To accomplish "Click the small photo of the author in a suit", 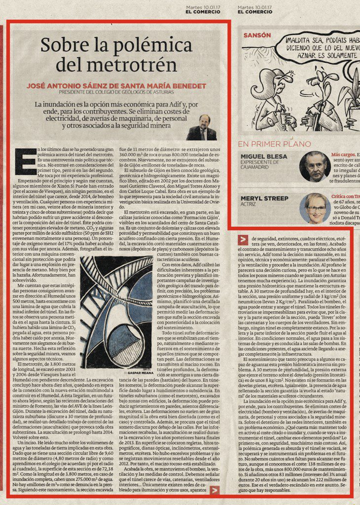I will pyautogui.click(x=201, y=128).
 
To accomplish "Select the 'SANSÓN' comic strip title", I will pyautogui.click(x=257, y=36).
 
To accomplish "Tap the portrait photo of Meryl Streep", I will pyautogui.click(x=315, y=208).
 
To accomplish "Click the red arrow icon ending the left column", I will pyautogui.click(x=215, y=490).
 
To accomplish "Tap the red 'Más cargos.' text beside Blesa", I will pyautogui.click(x=343, y=154).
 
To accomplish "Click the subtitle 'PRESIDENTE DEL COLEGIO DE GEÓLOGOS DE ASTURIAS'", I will pyautogui.click(x=116, y=92).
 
